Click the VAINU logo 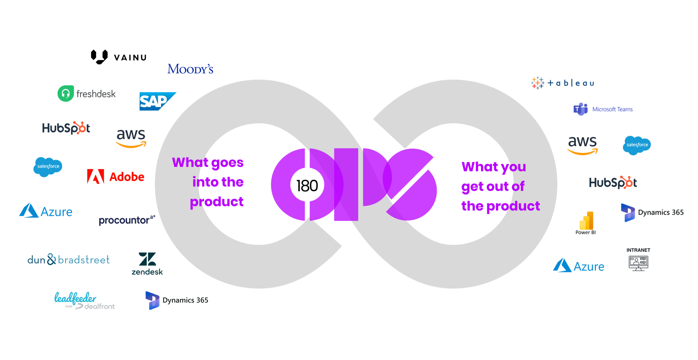(119, 57)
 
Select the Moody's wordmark (190, 69)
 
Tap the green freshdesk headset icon (66, 94)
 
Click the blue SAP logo (158, 101)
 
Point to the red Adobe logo (116, 177)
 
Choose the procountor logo (127, 220)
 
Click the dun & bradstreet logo (69, 259)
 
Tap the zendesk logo (147, 264)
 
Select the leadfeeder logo (84, 301)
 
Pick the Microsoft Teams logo (603, 109)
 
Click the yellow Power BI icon (586, 220)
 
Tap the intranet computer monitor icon (638, 263)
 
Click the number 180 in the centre (307, 186)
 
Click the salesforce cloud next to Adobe (48, 167)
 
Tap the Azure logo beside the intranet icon (579, 266)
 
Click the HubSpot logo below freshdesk (66, 128)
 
